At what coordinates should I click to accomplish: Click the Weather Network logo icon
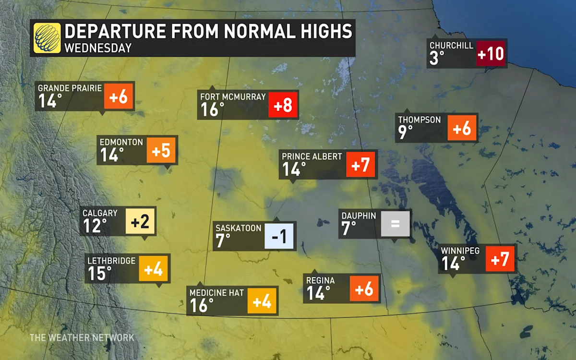click(47, 38)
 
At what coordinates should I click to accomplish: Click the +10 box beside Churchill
click(491, 53)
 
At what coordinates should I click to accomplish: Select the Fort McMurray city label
click(233, 97)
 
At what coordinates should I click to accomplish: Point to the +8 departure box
click(284, 105)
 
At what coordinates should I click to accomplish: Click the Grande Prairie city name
click(70, 88)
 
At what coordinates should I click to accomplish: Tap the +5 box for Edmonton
click(161, 150)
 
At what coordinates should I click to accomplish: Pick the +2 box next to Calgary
click(141, 222)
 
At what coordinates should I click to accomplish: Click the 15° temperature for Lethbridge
click(99, 274)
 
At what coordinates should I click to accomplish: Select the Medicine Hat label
click(217, 293)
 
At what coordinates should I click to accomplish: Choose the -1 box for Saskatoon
click(279, 236)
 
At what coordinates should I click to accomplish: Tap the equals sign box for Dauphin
click(396, 224)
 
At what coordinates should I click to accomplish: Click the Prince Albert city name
click(312, 156)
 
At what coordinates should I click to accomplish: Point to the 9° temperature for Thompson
click(406, 132)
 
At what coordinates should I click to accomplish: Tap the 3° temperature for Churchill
click(438, 59)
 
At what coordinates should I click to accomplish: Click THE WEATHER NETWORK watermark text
click(82, 337)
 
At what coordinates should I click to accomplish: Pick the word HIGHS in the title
click(320, 31)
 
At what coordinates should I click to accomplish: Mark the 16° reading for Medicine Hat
click(202, 305)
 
